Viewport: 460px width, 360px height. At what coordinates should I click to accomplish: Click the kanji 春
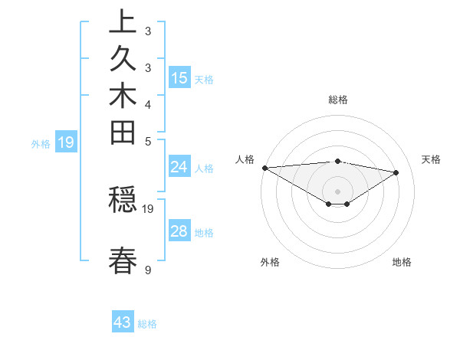pyautogui.click(x=123, y=260)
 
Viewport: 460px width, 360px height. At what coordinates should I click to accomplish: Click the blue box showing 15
pyautogui.click(x=179, y=78)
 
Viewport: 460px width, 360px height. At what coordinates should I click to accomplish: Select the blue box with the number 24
pyautogui.click(x=179, y=168)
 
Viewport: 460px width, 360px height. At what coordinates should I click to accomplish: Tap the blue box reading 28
pyautogui.click(x=179, y=232)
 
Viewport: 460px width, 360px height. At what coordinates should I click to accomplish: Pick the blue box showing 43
pyautogui.click(x=123, y=322)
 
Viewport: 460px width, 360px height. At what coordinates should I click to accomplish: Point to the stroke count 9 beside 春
pyautogui.click(x=147, y=270)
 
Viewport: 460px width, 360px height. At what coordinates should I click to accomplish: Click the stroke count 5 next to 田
pyautogui.click(x=147, y=140)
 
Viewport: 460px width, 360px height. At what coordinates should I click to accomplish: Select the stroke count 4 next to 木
pyautogui.click(x=147, y=104)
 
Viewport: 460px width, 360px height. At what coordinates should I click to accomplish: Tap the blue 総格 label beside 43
pyautogui.click(x=147, y=324)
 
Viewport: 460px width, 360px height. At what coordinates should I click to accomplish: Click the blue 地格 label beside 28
pyautogui.click(x=204, y=233)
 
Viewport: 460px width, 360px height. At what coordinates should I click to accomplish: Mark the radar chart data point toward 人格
pyautogui.click(x=264, y=168)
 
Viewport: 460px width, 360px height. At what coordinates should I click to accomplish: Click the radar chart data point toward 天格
pyautogui.click(x=396, y=172)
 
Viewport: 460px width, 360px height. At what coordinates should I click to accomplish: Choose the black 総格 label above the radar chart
pyautogui.click(x=337, y=100)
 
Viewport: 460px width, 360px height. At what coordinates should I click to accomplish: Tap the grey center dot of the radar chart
pyautogui.click(x=337, y=191)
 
